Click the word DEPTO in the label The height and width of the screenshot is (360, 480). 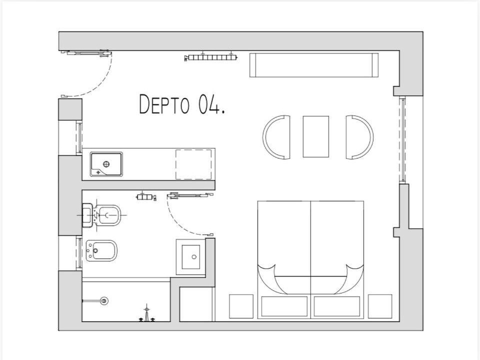click(164, 104)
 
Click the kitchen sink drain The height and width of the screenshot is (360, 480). click(106, 164)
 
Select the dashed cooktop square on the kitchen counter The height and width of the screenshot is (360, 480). click(193, 164)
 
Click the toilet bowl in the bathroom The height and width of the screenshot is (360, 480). click(108, 215)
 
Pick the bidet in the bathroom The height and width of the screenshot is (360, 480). click(101, 250)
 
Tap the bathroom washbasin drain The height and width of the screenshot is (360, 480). click(194, 257)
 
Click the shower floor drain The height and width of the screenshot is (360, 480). click(104, 300)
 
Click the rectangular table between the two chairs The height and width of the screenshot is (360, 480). click(316, 136)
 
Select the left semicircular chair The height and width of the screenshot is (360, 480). click(276, 137)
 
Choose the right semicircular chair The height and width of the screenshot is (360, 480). click(359, 137)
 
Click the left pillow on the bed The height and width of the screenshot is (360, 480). click(284, 306)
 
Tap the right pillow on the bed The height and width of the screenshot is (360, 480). click(336, 306)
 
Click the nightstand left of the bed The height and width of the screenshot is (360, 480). click(241, 306)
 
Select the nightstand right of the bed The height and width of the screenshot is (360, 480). click(380, 306)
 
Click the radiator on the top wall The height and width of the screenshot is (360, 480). click(210, 57)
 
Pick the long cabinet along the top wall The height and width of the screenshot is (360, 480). click(314, 65)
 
